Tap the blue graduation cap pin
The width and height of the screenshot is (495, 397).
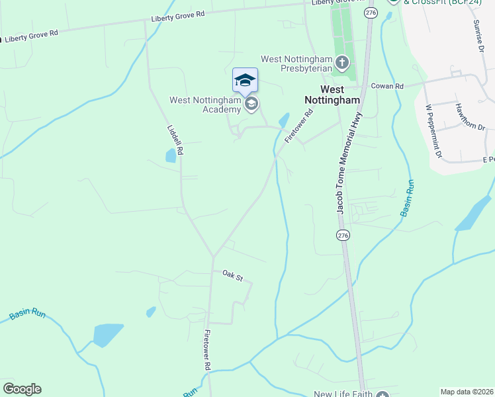coord(245,81)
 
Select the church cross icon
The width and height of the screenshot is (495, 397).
coord(341,64)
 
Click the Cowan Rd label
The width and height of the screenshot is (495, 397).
coord(387,86)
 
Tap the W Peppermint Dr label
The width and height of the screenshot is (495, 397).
coord(434,131)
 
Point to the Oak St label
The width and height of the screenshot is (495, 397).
coord(233,275)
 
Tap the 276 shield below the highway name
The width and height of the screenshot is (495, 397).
coord(342,236)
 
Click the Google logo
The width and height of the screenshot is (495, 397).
coord(22,389)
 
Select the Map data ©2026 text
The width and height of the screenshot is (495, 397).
coord(466,392)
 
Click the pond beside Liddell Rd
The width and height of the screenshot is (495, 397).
coord(171,156)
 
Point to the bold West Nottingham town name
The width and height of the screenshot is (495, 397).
coord(332,94)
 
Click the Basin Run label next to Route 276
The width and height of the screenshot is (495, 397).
coord(407,198)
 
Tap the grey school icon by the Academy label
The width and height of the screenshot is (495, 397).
coord(251,105)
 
